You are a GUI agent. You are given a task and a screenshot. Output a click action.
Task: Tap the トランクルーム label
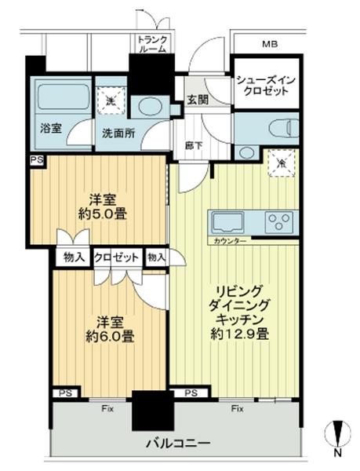coord(151,44)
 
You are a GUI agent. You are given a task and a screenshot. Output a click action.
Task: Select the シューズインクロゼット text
coord(267,86)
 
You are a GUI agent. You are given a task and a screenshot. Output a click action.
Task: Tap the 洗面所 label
coord(118,133)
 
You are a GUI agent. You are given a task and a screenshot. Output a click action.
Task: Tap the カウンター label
coord(229,241)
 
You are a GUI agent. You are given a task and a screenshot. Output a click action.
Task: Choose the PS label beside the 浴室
coord(36,159)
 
